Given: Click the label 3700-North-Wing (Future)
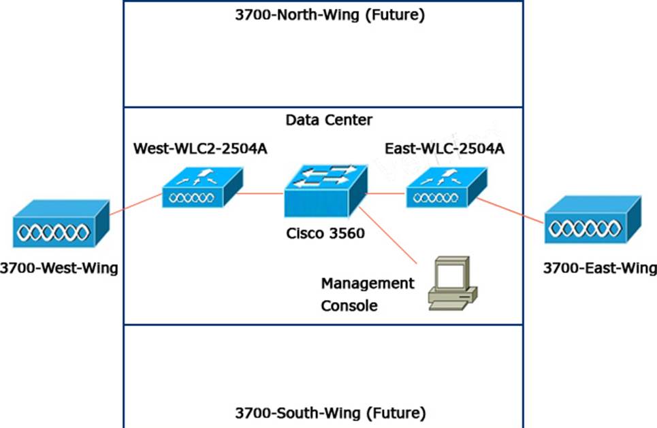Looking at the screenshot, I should tap(330, 16).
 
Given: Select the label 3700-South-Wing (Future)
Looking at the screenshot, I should tap(330, 412).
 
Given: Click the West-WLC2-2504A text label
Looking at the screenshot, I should tap(200, 148).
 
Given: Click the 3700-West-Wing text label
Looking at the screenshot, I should tap(59, 268).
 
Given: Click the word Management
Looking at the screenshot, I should tap(368, 282).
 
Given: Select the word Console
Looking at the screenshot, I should tap(349, 306).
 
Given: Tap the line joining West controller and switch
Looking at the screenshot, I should tap(263, 193).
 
